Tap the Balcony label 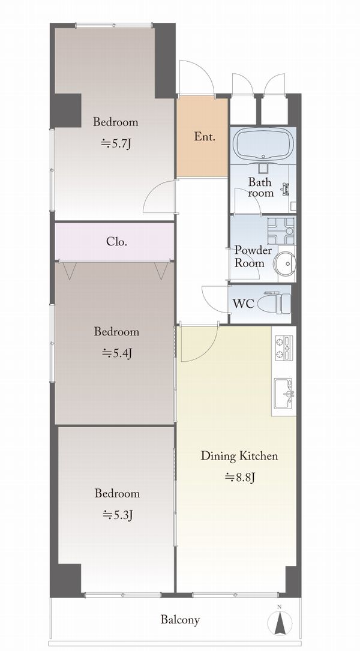180,620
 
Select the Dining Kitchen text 239,455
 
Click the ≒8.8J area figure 239,477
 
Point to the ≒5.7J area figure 116,143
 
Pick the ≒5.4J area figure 116,353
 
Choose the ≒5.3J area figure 117,515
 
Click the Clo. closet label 116,241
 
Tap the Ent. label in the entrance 205,137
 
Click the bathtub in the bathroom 263,144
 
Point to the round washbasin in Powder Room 285,262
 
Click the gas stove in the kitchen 284,347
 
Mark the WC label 244,304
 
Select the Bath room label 260,187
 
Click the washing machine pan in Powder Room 281,231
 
